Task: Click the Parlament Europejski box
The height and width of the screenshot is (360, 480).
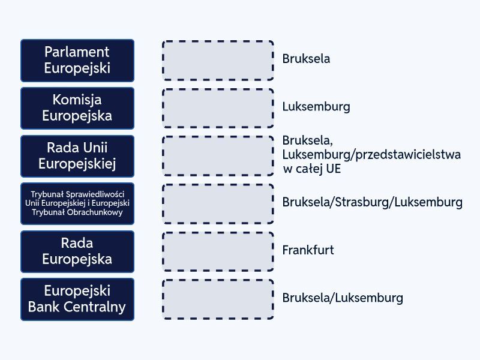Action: coord(77,60)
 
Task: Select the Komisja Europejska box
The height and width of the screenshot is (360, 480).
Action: coord(77,108)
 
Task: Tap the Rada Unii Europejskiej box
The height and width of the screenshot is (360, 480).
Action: coord(77,155)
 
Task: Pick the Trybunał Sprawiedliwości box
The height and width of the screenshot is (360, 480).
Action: coord(77,203)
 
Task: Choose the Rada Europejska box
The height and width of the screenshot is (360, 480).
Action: coord(77,251)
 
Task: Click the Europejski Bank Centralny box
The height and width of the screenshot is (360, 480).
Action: coord(77,299)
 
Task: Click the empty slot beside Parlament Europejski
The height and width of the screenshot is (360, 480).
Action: coord(218,60)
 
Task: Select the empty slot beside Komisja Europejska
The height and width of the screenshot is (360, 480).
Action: coord(218,108)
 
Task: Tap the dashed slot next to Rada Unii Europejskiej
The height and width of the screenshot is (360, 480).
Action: coord(218,155)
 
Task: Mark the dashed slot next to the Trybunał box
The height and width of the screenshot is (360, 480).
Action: coord(218,203)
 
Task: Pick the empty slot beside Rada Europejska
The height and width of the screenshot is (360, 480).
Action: coord(218,251)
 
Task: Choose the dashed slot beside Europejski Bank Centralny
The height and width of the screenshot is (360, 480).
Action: coord(218,299)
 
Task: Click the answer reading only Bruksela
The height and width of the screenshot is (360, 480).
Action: coord(307,59)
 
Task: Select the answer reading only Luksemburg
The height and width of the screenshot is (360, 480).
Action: coord(316,107)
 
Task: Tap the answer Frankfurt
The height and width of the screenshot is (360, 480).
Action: coord(308,250)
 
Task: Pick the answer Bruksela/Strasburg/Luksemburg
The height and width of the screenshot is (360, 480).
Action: coord(372,202)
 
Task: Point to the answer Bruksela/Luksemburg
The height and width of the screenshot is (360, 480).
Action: coord(343,298)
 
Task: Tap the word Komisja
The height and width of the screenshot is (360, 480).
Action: coord(77,100)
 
